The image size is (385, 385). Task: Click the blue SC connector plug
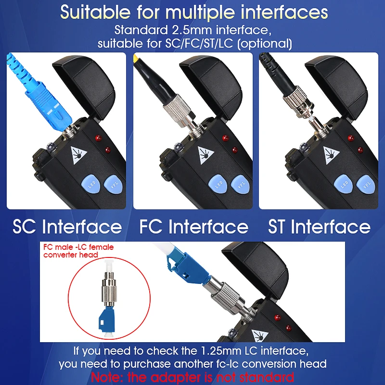(42, 99)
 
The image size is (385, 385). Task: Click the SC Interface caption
(67, 227)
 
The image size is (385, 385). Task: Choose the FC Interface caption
(194, 227)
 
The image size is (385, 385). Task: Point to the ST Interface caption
(319, 227)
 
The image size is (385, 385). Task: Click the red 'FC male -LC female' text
(78, 247)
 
